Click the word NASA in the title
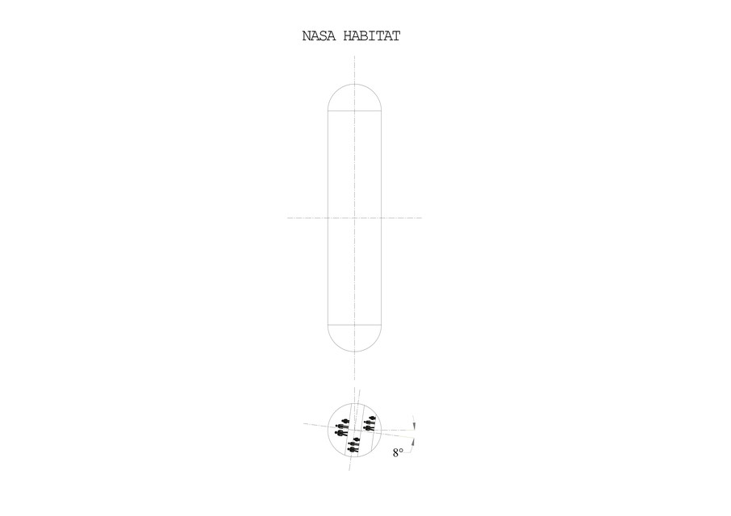coord(319,35)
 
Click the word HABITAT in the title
coord(372,35)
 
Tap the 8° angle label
coord(398,452)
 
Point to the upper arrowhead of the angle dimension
coord(415,427)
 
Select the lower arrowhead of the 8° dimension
coord(413,442)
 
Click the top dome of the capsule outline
coord(355,85)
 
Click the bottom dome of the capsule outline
coord(355,352)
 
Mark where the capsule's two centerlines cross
coord(355,218)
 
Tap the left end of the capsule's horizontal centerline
coord(287,218)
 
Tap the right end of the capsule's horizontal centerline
coord(422,218)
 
